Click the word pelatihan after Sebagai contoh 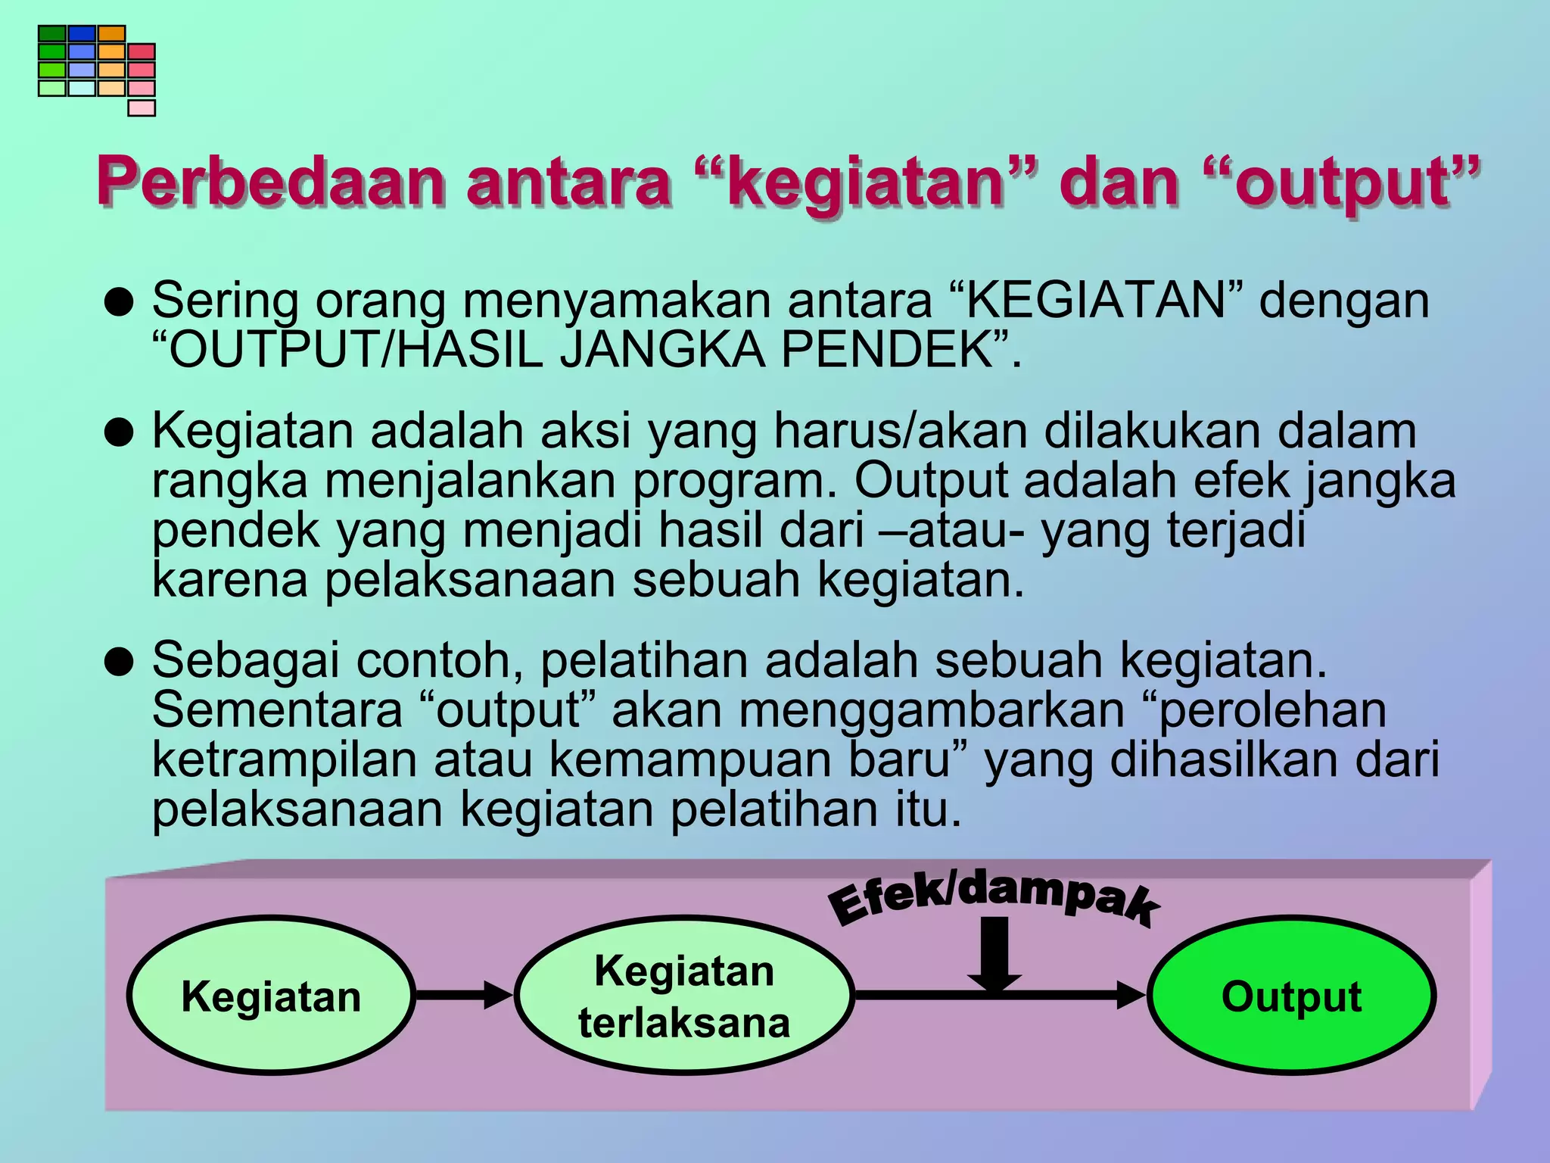[643, 660]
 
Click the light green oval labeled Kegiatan [271, 995]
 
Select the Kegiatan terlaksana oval [684, 995]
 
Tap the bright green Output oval [1291, 995]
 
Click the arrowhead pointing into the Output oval [1131, 995]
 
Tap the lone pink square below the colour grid [142, 108]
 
